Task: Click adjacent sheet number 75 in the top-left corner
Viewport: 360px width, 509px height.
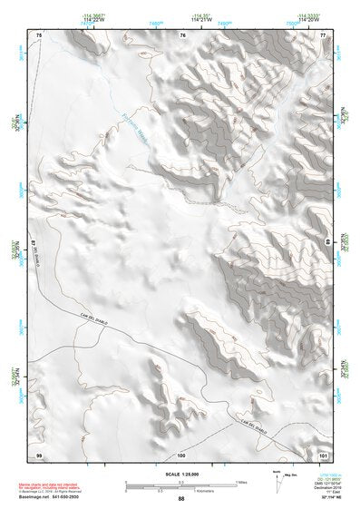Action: point(39,35)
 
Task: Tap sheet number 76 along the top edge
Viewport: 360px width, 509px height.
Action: point(182,35)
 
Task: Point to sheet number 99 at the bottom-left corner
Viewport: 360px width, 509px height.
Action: point(39,453)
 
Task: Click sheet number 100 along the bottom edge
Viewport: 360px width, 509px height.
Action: point(181,453)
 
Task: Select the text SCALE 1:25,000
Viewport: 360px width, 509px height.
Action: point(180,474)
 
